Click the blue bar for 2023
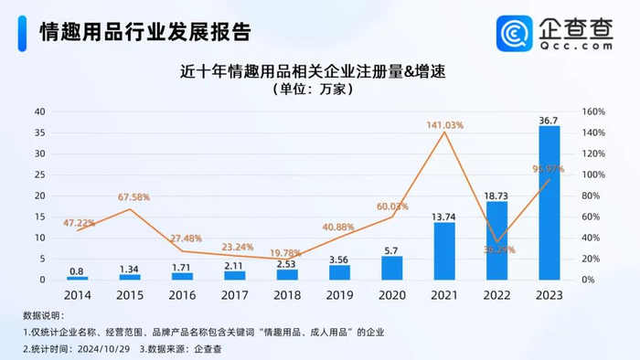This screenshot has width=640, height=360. [x=549, y=203]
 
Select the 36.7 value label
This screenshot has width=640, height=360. [x=549, y=119]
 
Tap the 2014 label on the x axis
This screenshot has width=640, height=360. [x=78, y=296]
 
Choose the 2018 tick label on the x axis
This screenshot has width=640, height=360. [x=287, y=296]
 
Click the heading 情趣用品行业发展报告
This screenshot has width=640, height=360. [x=145, y=32]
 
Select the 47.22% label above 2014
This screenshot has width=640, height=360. [x=79, y=222]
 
